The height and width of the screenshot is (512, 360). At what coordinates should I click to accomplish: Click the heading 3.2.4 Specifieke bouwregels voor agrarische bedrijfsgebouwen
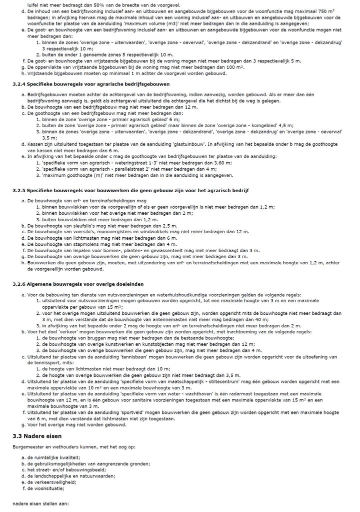tap(91, 84)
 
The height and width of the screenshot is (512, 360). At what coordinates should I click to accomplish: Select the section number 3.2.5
tap(18, 191)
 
